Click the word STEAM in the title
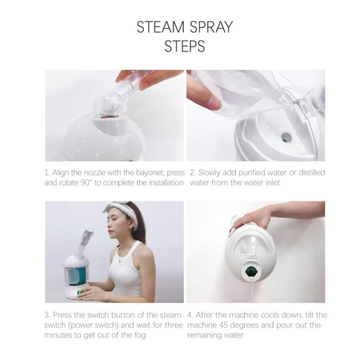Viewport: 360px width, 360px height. (161, 27)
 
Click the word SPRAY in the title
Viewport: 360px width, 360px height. (211, 27)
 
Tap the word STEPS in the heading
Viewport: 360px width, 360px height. (184, 46)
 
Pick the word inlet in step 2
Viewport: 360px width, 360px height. (273, 183)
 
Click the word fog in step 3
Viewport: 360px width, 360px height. (139, 335)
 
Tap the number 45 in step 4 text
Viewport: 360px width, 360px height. (224, 325)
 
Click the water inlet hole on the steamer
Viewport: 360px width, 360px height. (287, 137)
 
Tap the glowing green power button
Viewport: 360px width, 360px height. (79, 293)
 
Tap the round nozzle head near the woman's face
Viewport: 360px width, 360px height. (88, 228)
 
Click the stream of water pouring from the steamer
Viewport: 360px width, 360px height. (252, 290)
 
